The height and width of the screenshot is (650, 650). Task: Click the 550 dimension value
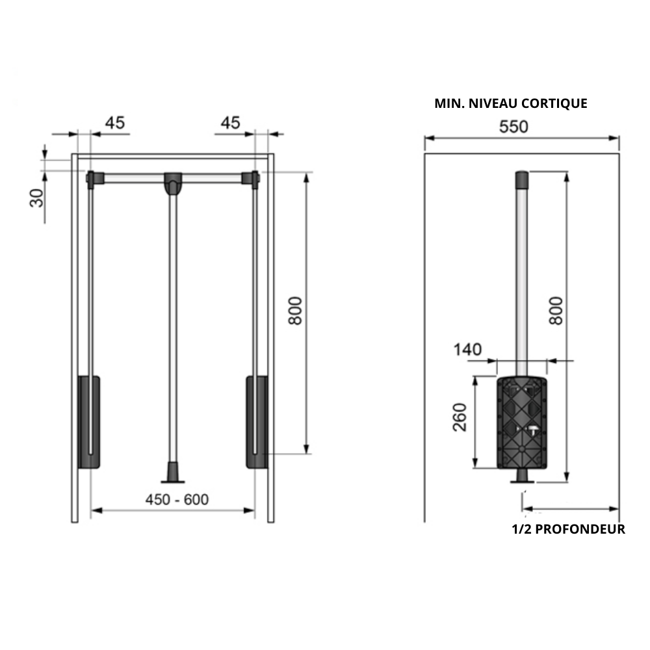click(513, 127)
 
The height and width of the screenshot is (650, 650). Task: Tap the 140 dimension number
click(467, 350)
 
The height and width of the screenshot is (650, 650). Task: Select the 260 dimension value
click(460, 417)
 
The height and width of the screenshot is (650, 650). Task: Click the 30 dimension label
click(37, 198)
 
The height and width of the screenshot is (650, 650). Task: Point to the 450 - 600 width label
click(177, 499)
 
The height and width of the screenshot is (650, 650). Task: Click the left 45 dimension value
click(115, 123)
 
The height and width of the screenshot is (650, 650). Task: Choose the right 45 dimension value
click(231, 123)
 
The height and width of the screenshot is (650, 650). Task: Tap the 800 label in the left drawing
click(296, 311)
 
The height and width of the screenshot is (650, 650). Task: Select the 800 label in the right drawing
click(556, 311)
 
